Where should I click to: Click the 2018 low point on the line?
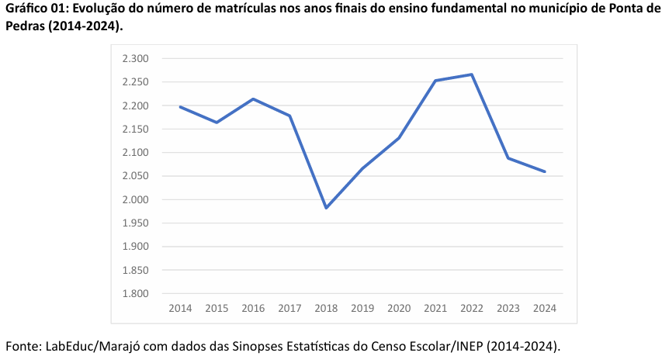click(326, 208)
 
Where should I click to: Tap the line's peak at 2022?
click(472, 74)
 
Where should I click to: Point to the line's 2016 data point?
click(253, 99)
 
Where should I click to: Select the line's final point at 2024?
click(545, 171)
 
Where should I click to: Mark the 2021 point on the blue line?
click(435, 81)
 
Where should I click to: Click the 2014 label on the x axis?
click(180, 308)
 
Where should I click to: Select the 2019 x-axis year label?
click(362, 308)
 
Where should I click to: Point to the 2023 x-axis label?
click(508, 308)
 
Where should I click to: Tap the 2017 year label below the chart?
click(289, 308)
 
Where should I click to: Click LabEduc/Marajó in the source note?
click(92, 345)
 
